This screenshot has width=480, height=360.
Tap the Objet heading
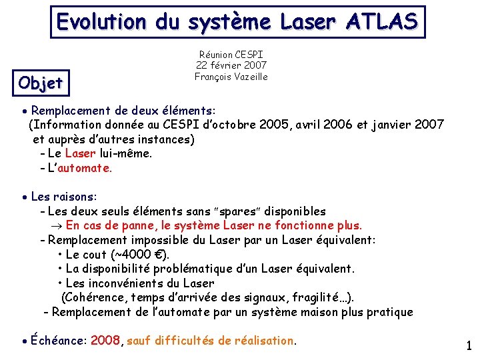coord(41,83)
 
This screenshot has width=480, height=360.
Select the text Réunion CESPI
coord(231,54)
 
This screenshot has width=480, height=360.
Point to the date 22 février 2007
coord(231,65)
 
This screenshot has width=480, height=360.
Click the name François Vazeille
coord(231,77)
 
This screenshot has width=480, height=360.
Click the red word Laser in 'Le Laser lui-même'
coord(81,153)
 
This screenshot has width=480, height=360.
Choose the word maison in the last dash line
coord(322,312)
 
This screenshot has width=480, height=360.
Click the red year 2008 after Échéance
coord(105,341)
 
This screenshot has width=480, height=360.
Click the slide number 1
coord(469,346)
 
